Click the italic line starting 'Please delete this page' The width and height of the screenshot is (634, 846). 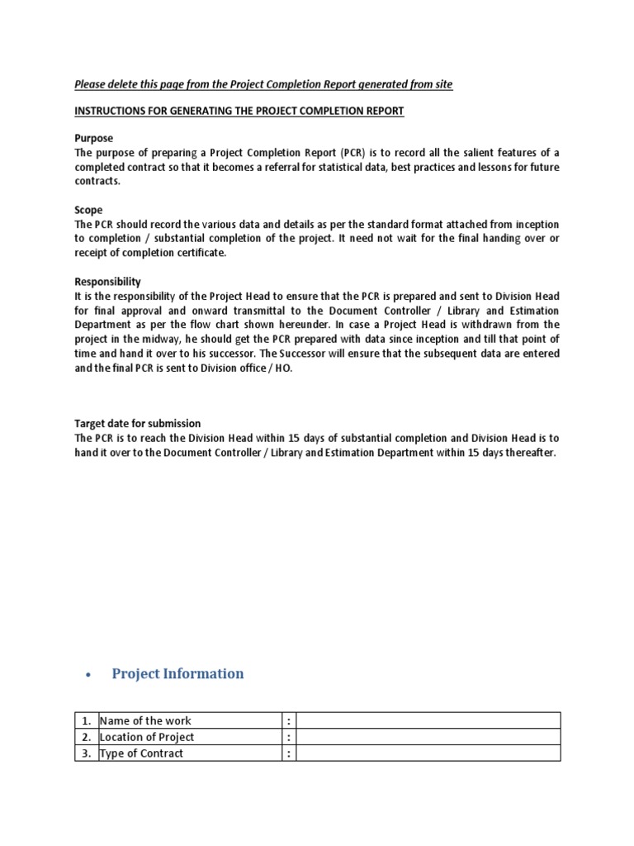(x=263, y=84)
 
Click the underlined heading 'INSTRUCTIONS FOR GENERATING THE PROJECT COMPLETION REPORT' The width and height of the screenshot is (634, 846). (x=239, y=111)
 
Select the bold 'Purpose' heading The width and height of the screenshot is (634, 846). (x=93, y=138)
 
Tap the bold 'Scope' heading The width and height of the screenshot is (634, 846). (x=89, y=210)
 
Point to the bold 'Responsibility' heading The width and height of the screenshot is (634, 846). (x=107, y=281)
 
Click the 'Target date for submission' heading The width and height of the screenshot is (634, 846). (x=137, y=423)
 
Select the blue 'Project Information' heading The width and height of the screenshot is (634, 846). (x=177, y=673)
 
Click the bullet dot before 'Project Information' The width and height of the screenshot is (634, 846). (x=87, y=675)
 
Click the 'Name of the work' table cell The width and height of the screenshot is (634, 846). (x=145, y=720)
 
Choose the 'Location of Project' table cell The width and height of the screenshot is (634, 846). (x=147, y=737)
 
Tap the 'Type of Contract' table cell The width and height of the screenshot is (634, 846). (x=141, y=753)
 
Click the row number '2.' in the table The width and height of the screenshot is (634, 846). (x=86, y=737)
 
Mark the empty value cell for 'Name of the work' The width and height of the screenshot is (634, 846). (x=428, y=720)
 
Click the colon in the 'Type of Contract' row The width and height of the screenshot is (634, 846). (x=288, y=753)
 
